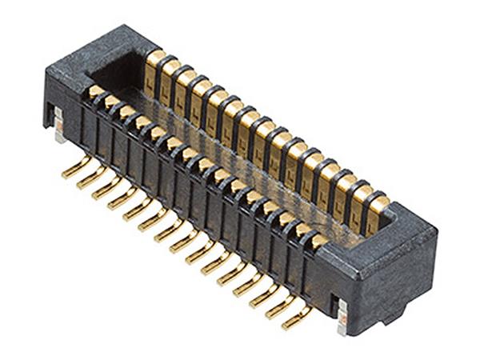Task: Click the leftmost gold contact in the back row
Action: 158,64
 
